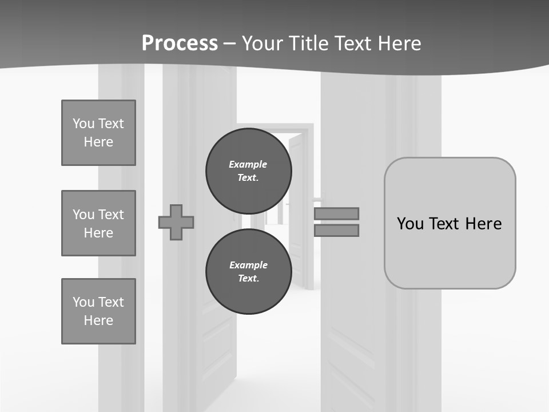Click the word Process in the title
(x=180, y=43)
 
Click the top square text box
(x=98, y=133)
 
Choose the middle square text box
(x=98, y=223)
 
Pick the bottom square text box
(x=98, y=311)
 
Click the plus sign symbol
(x=176, y=222)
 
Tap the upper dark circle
(x=249, y=171)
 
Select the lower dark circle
(x=249, y=272)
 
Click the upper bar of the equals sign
(x=336, y=213)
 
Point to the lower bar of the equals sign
(x=336, y=230)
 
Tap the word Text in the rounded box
(x=446, y=223)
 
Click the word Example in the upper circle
(x=248, y=164)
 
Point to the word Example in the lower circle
(x=248, y=265)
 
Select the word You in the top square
(x=83, y=124)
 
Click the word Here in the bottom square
(x=98, y=320)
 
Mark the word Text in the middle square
(x=110, y=215)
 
